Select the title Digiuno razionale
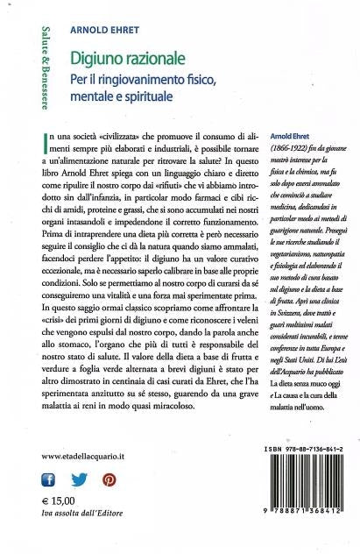[128, 59]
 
